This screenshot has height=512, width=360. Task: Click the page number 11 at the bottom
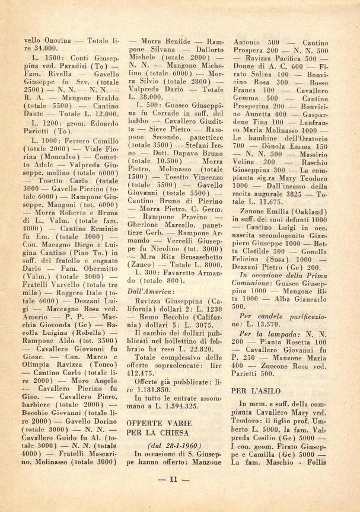179,479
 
